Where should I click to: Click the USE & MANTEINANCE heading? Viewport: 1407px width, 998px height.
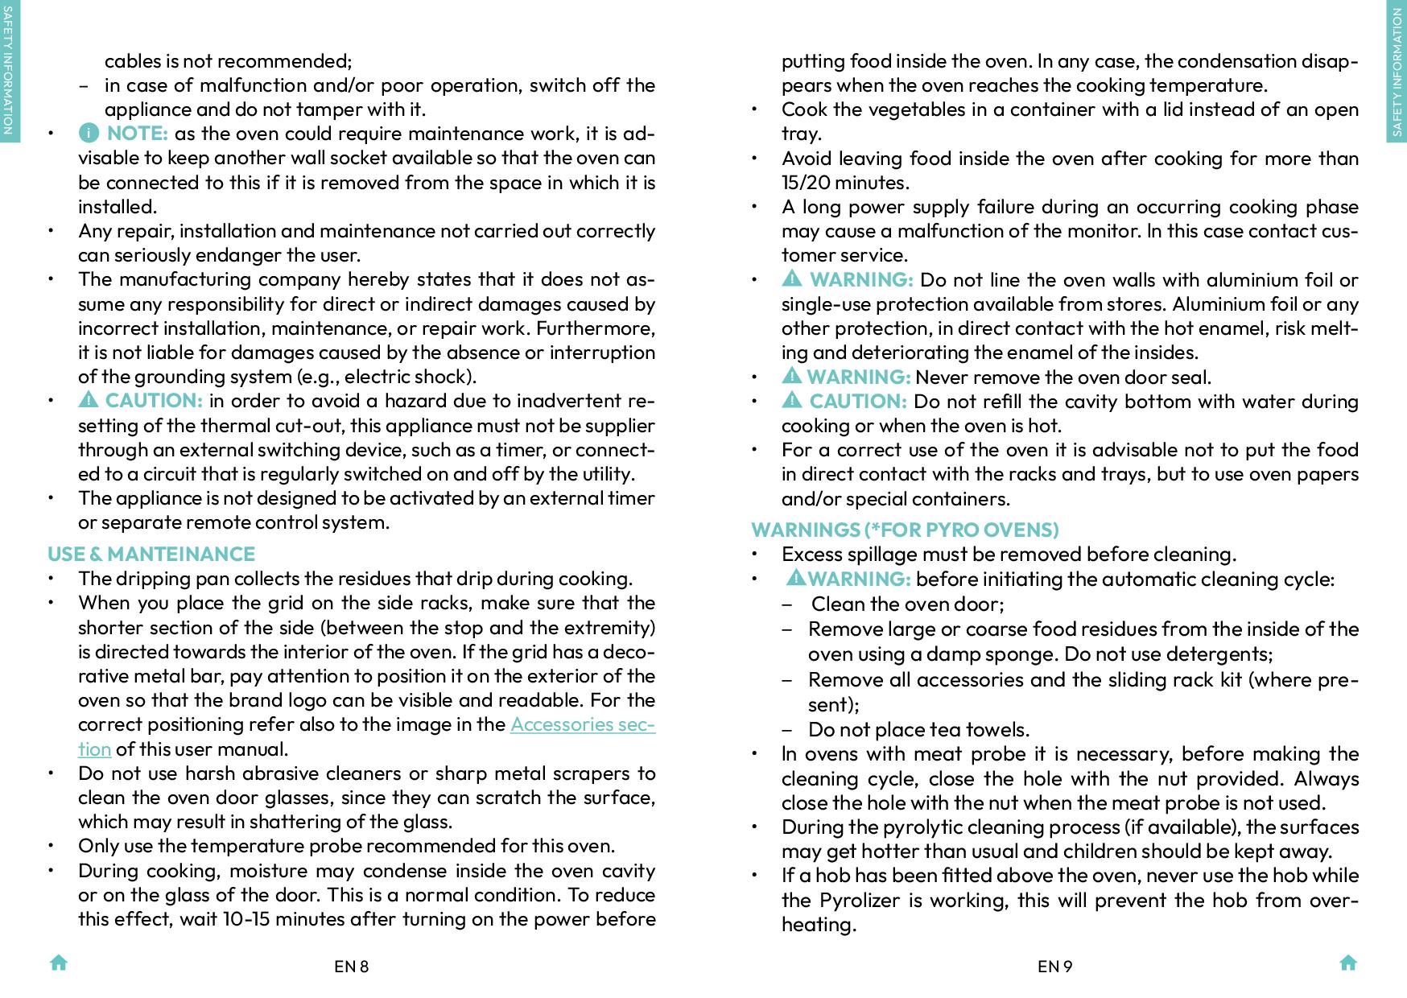coord(151,554)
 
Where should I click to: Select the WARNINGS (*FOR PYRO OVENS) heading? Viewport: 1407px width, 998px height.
coord(905,530)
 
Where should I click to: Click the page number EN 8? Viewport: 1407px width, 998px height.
coord(351,966)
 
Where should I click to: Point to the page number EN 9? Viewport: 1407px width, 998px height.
coord(1054,966)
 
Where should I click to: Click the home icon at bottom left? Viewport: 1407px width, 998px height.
coord(59,963)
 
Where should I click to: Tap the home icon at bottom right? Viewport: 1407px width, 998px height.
coord(1348,963)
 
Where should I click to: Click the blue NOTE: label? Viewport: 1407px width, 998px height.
coord(137,133)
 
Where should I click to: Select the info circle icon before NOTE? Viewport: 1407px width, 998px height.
coord(89,133)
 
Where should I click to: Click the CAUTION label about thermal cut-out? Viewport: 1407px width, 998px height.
coord(153,401)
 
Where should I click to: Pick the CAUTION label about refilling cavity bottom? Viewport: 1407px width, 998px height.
coord(857,401)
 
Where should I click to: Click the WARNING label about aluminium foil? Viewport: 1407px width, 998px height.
coord(860,279)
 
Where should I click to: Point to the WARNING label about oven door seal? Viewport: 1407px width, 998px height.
coord(858,377)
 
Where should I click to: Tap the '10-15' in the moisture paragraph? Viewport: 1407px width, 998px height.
coord(246,919)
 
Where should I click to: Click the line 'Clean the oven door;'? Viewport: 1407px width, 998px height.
coord(907,604)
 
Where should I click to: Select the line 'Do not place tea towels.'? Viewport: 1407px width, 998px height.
coord(918,729)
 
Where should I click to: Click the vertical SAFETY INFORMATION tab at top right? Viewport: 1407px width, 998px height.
coord(1397,72)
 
